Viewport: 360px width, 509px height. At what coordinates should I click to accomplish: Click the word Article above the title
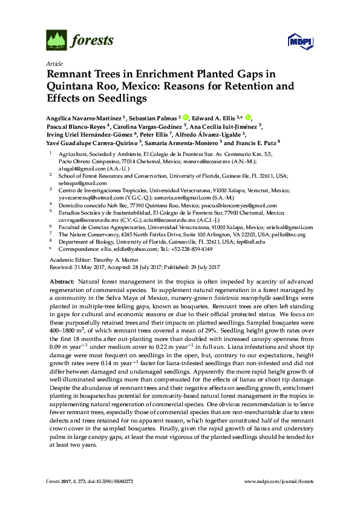tap(54, 63)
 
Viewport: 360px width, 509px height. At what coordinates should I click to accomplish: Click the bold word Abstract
tap(61, 282)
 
